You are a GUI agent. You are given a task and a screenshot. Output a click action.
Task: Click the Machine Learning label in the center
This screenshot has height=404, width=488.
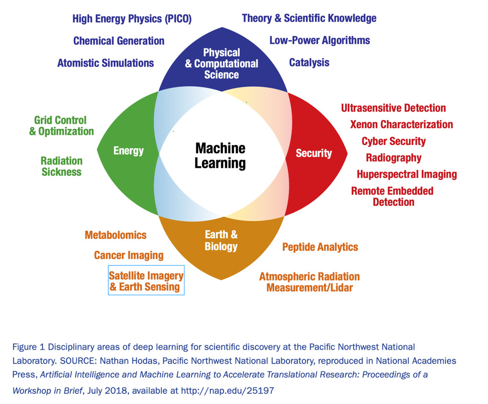click(220, 155)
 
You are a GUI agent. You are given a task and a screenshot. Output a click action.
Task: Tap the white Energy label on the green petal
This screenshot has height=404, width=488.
click(128, 150)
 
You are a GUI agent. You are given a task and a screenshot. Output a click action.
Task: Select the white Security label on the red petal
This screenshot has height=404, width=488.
click(314, 153)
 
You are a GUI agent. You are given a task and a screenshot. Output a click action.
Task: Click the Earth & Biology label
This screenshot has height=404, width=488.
click(221, 241)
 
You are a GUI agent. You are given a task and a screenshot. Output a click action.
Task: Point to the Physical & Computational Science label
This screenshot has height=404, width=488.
click(222, 63)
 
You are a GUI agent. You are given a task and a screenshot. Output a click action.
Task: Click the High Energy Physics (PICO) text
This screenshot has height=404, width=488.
click(132, 19)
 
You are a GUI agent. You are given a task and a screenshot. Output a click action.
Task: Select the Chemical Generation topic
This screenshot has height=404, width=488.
click(119, 41)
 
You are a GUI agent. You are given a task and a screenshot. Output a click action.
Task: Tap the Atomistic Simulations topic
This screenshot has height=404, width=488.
click(105, 63)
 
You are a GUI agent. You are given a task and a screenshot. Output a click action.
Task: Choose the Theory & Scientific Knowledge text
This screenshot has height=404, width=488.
click(309, 19)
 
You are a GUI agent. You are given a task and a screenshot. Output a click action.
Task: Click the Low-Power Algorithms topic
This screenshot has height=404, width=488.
click(320, 40)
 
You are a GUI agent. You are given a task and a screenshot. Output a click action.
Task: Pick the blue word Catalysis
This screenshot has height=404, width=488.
click(309, 62)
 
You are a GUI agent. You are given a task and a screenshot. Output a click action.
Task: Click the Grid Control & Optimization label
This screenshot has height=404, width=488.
click(61, 125)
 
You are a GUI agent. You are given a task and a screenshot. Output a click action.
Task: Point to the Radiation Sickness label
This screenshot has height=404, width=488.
click(61, 166)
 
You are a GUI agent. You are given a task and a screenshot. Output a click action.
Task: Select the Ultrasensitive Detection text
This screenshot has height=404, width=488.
click(393, 108)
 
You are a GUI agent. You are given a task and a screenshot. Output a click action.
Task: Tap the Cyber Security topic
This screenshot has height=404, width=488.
click(393, 141)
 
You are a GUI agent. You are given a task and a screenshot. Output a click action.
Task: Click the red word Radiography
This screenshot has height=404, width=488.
click(393, 158)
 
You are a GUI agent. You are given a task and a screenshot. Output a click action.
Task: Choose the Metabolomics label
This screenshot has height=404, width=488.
click(116, 235)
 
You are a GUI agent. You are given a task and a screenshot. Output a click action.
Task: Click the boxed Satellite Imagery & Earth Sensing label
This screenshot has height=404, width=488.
click(146, 281)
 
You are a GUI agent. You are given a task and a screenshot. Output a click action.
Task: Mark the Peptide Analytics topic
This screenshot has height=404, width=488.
click(320, 247)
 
